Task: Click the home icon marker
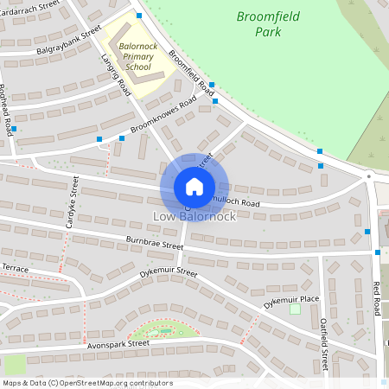tap(194, 187)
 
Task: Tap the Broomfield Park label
tap(264, 23)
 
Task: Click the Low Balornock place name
tap(194, 216)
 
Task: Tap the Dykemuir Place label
tap(291, 298)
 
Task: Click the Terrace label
tap(15, 270)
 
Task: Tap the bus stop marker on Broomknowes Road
tap(100, 138)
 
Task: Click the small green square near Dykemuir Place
tap(295, 309)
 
